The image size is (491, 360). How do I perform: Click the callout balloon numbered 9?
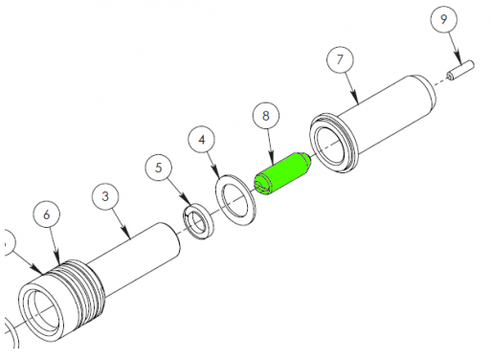pos(443,19)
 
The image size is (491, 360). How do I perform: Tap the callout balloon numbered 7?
pos(340,59)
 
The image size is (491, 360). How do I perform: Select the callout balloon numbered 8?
pos(266,116)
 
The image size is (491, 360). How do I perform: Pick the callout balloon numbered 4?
pos(202,140)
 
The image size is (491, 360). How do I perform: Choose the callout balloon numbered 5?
pos(159,168)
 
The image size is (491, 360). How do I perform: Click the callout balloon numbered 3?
pos(105,196)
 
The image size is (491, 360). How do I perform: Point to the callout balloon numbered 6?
pos(47,214)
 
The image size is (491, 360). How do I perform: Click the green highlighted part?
pos(282,174)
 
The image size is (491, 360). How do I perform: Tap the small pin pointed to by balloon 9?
pos(460,71)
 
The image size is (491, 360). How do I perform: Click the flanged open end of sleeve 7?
pos(333,144)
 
